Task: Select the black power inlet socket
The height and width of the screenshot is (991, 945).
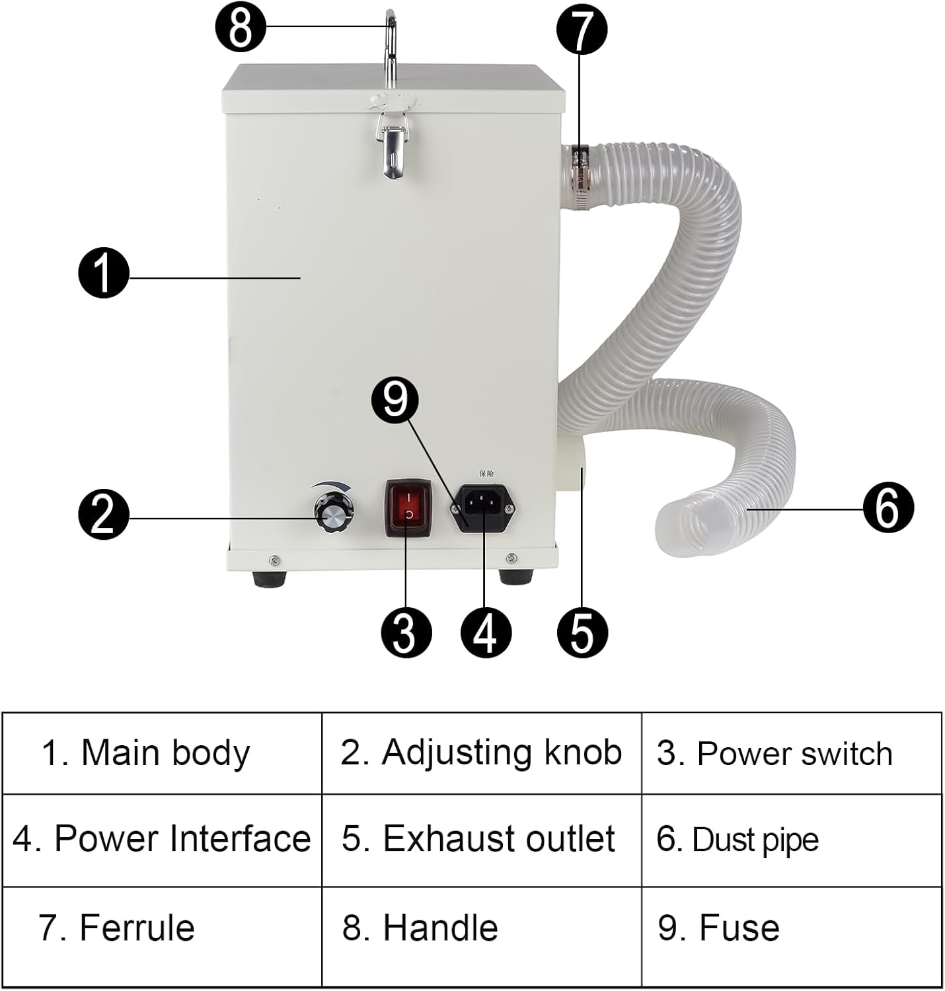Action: tap(483, 507)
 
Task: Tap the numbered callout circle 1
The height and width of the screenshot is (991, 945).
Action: tap(104, 273)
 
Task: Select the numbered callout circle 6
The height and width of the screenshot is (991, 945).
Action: tap(888, 507)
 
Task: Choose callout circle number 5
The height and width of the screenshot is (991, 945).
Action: tap(582, 632)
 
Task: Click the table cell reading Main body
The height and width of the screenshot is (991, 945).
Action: tap(162, 753)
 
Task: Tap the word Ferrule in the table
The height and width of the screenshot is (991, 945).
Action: tap(137, 928)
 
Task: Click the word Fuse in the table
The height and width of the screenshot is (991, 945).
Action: tap(739, 928)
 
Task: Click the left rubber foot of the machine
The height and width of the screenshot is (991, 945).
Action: tap(270, 578)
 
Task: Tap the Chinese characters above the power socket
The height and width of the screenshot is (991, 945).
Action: tap(486, 473)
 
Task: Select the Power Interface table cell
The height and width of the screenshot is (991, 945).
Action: tap(162, 839)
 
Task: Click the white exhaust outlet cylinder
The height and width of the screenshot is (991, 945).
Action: tap(572, 466)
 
